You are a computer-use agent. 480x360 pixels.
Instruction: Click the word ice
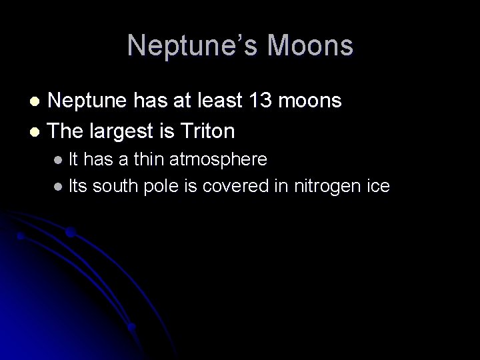click(377, 187)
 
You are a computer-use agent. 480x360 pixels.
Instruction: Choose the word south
click(115, 187)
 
